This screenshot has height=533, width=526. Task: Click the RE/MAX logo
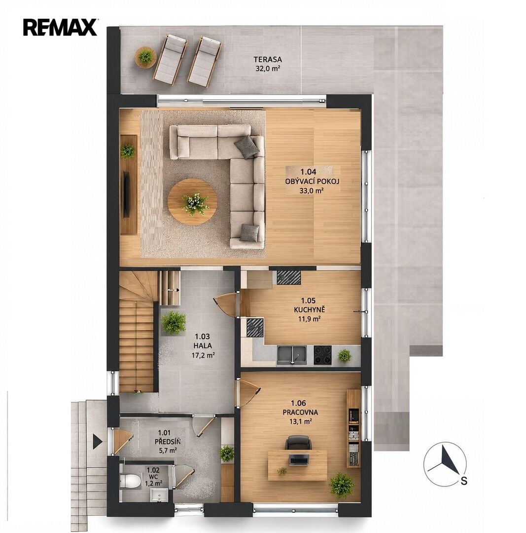[60, 27]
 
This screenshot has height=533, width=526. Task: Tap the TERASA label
[268, 60]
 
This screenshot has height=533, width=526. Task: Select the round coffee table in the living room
[193, 202]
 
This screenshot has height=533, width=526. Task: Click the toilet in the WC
[131, 481]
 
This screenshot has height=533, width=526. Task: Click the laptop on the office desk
[298, 459]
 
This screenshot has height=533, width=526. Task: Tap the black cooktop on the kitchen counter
[322, 355]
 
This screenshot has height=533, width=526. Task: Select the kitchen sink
[292, 355]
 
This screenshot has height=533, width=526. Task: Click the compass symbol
[445, 463]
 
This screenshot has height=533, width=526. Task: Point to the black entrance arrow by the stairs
[98, 441]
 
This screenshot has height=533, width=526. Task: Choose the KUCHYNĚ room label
[310, 309]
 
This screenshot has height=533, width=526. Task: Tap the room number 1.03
[202, 337]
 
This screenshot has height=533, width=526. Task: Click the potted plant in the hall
[174, 322]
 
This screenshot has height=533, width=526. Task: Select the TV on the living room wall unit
[126, 194]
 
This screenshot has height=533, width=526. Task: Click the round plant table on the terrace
[146, 57]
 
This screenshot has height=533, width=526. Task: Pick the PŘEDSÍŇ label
[168, 442]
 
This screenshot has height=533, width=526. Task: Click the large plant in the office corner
[342, 486]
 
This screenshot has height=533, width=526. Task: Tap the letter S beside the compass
[464, 481]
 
